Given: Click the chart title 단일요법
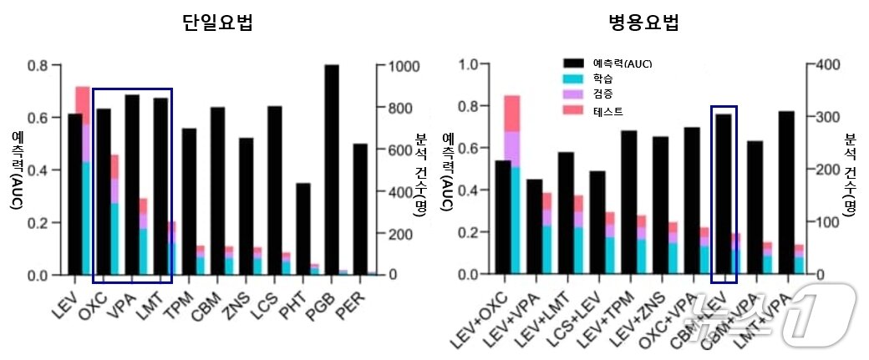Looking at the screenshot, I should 217,23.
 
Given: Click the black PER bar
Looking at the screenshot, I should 360,209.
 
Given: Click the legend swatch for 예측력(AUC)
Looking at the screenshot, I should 574,63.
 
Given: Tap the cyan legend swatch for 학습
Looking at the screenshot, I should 574,79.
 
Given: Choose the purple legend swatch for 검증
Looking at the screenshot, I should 574,94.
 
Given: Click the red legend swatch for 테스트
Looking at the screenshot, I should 574,110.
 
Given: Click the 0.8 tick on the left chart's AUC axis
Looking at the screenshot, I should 37,65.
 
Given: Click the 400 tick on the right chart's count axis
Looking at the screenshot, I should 826,64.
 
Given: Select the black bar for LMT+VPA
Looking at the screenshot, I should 786,192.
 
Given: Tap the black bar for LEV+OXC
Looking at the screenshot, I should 504,217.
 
